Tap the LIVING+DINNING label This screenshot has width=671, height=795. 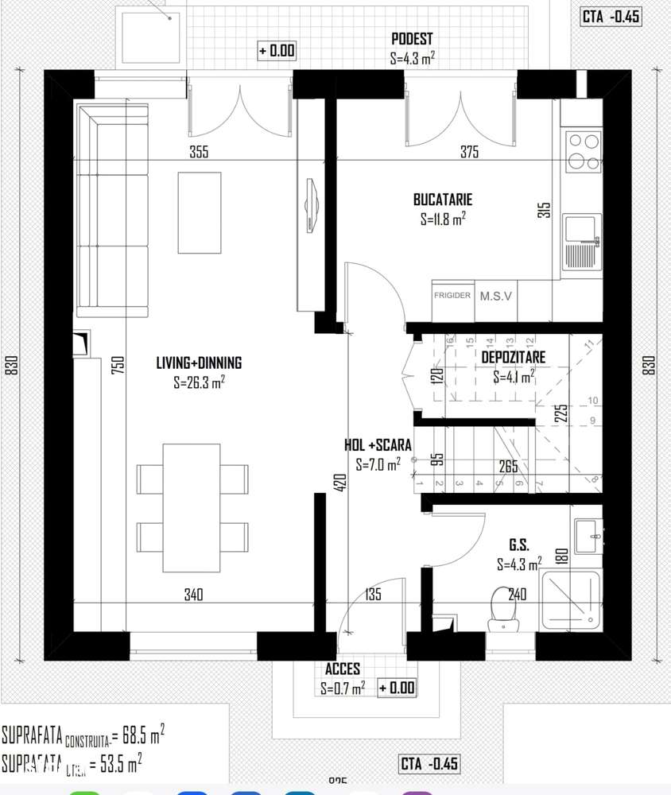(x=199, y=363)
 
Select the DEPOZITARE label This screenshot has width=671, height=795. (x=513, y=358)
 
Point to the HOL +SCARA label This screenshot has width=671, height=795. (x=378, y=446)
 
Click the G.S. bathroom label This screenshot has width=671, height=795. (x=520, y=546)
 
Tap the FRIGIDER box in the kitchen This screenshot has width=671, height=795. (x=452, y=295)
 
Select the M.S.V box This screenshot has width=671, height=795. (x=496, y=295)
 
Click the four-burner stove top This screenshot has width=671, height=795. (x=582, y=152)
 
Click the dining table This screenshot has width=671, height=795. (x=191, y=508)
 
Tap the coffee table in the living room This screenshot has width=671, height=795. (x=200, y=213)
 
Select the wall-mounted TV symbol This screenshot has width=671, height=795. (x=311, y=206)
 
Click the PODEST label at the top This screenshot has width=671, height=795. (x=412, y=39)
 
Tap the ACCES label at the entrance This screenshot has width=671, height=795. (x=343, y=669)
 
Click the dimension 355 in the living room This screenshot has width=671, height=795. (x=199, y=153)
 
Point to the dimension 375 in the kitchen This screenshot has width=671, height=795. (x=469, y=153)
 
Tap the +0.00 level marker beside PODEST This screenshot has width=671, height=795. (x=277, y=51)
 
